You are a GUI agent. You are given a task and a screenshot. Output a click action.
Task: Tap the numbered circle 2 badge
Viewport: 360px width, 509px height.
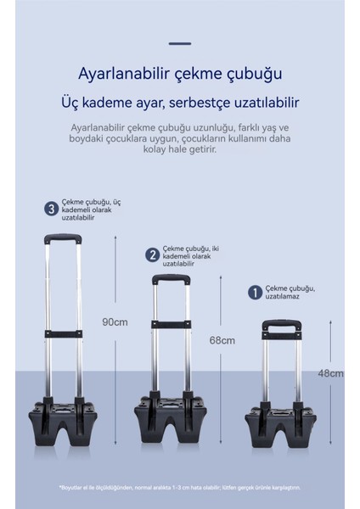[153, 255]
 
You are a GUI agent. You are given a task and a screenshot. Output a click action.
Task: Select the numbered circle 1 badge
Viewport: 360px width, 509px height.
[254, 292]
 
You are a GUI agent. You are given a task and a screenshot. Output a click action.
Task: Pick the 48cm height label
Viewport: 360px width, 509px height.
[330, 373]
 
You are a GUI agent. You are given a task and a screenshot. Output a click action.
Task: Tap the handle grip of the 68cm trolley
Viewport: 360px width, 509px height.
[170, 278]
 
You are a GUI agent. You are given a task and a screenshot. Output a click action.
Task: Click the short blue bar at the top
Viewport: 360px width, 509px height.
[180, 42]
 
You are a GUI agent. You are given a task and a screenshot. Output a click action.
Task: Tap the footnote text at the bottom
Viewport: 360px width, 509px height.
[179, 487]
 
